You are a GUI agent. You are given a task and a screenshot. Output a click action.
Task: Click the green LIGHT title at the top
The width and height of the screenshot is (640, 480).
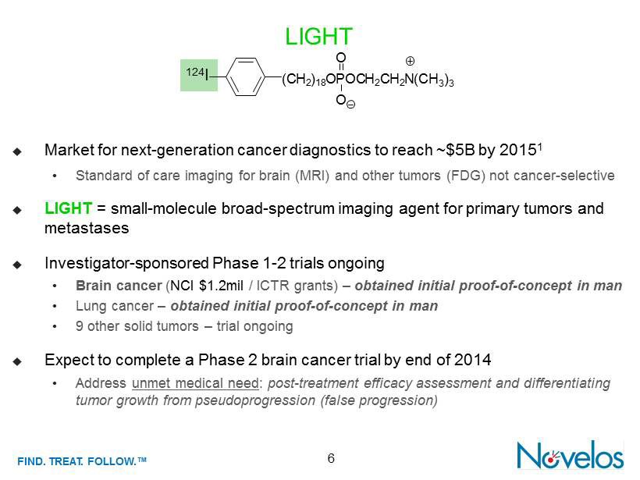coord(318,37)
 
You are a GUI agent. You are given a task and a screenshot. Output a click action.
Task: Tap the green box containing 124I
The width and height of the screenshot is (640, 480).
coord(199,75)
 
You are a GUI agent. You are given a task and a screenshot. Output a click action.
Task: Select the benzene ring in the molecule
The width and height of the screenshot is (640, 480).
coord(245,76)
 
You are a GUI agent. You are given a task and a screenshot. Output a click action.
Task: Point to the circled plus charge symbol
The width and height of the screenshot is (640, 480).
coord(410,61)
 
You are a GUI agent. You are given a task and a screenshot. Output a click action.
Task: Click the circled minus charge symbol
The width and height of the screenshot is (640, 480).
coord(350,105)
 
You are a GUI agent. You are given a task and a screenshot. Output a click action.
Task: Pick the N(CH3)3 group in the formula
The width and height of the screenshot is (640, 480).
coord(433,79)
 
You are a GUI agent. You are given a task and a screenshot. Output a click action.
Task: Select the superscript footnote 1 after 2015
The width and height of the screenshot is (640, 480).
coord(539,146)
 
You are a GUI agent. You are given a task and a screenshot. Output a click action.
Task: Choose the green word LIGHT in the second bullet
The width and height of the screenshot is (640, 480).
coord(68,208)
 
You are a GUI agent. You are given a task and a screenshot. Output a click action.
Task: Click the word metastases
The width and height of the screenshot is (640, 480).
coord(87,228)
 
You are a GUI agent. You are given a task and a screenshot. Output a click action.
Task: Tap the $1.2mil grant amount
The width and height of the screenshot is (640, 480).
coord(221,286)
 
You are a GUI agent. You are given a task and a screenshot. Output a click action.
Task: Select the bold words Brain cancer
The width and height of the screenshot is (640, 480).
coord(119,286)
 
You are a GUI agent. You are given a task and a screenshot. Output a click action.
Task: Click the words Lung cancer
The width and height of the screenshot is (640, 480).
coord(115,306)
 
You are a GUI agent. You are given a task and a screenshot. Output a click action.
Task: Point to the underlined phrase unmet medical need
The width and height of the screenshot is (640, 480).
coord(195,383)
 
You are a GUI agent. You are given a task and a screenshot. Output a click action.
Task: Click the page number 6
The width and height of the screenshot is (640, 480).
coord(331,458)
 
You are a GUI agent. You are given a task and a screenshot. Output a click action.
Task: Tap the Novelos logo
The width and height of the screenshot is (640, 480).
coord(571,455)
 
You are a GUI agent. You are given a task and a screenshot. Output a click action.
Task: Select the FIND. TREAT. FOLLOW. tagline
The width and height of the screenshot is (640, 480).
coord(82,461)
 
